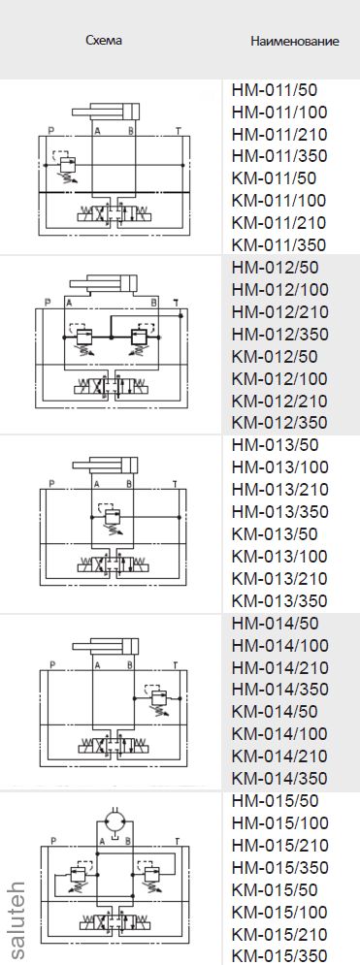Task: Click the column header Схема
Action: click(x=105, y=41)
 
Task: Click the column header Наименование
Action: click(x=294, y=42)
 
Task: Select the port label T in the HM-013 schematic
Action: click(x=175, y=483)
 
